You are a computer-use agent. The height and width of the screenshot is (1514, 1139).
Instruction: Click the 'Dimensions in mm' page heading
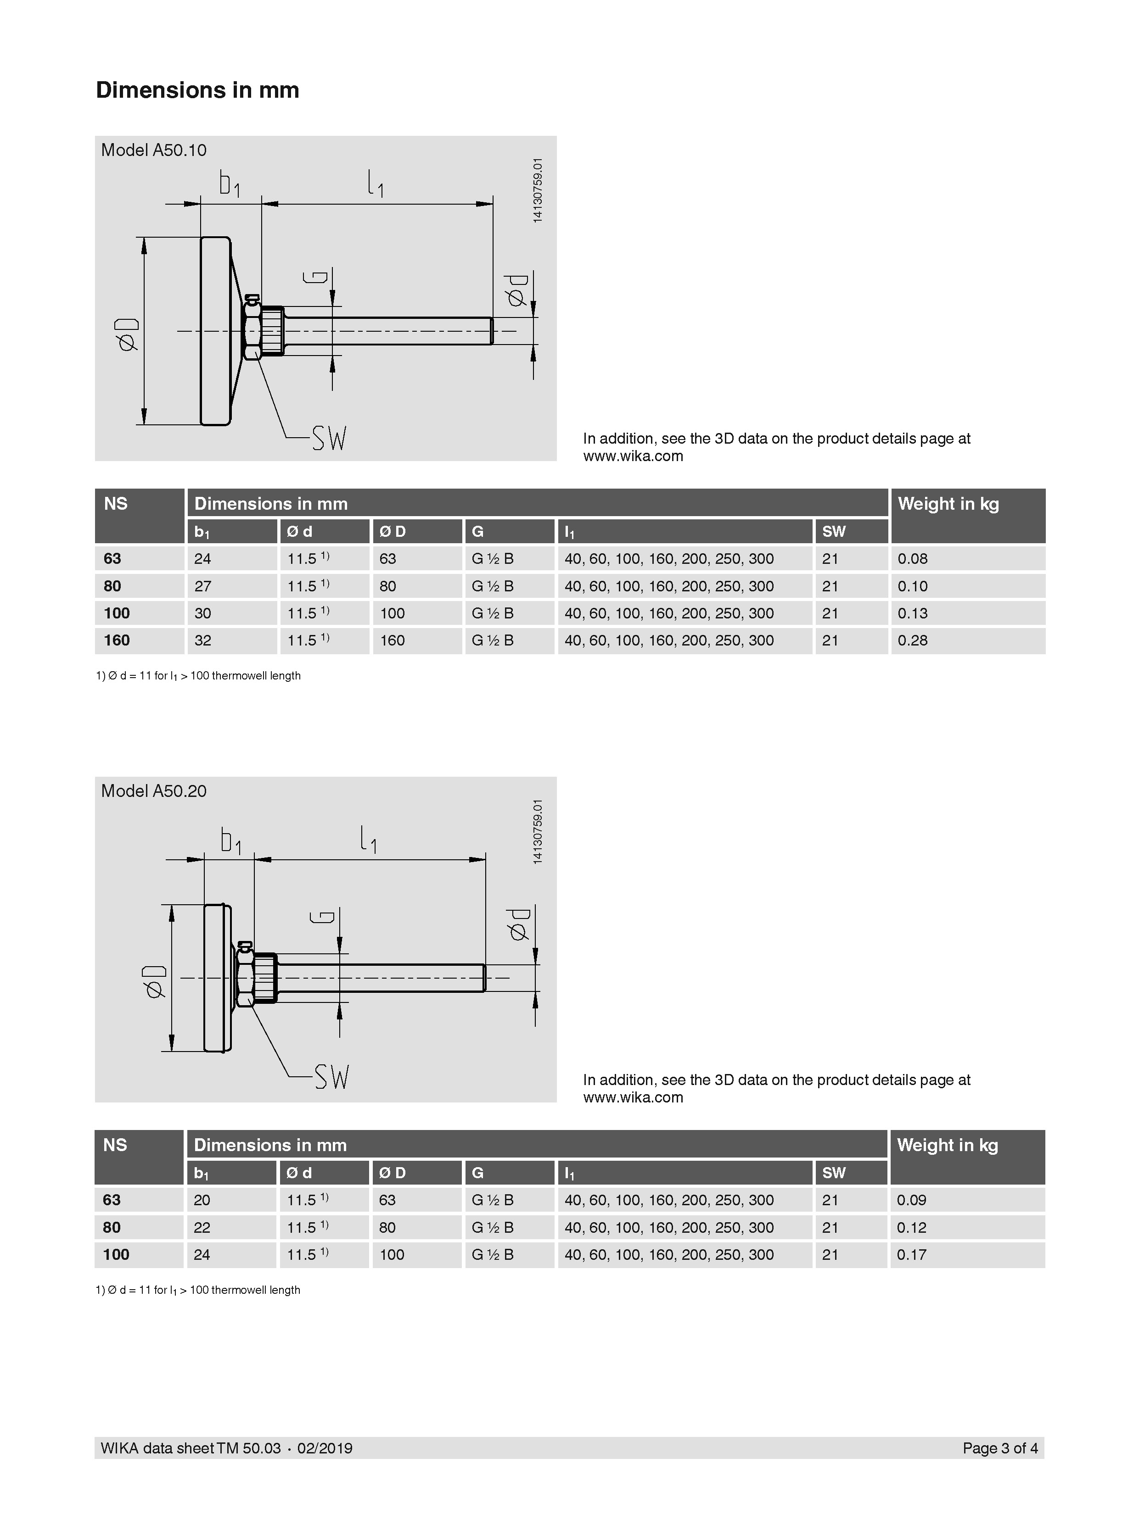click(197, 89)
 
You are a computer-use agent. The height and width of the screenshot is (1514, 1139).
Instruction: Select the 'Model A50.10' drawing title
click(153, 150)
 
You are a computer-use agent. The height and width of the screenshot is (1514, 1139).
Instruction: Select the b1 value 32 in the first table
click(203, 640)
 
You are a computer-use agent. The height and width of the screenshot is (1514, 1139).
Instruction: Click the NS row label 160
click(117, 640)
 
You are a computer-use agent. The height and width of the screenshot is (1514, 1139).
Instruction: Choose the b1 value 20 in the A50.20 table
click(202, 1200)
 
